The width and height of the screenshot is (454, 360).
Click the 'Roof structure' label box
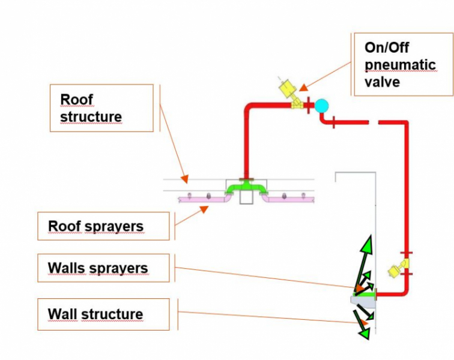point(101,108)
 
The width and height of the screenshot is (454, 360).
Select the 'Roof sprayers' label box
point(103,226)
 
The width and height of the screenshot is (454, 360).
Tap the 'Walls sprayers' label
point(103,268)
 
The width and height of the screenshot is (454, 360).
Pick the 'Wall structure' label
point(103,314)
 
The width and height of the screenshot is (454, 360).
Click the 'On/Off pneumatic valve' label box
point(403,64)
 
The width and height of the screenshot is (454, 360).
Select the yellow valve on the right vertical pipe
point(396,269)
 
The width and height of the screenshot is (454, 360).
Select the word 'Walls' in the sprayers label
point(66,268)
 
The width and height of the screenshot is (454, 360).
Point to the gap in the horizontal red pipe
point(373,122)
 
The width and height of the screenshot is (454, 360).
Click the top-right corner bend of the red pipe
point(405,125)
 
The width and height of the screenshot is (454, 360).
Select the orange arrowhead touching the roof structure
point(185,178)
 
